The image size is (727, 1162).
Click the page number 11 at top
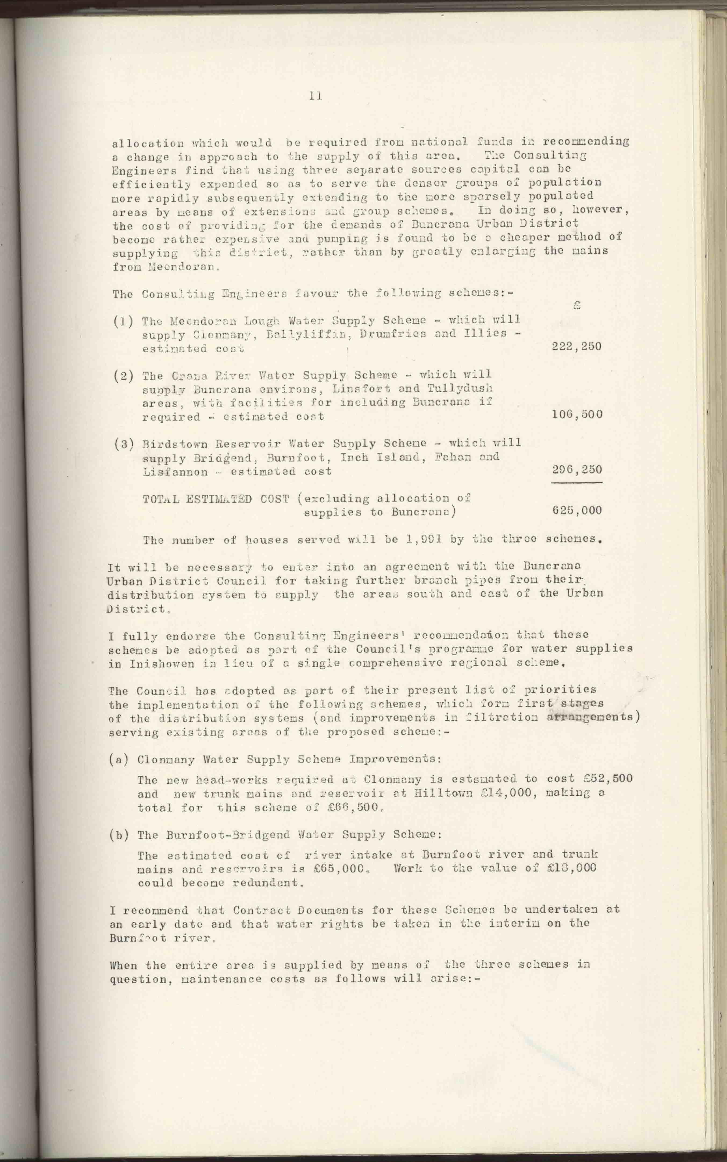pos(316,96)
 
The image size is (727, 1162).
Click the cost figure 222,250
pos(576,346)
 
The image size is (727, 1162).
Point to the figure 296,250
pos(577,470)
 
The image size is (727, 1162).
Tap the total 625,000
pos(577,510)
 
